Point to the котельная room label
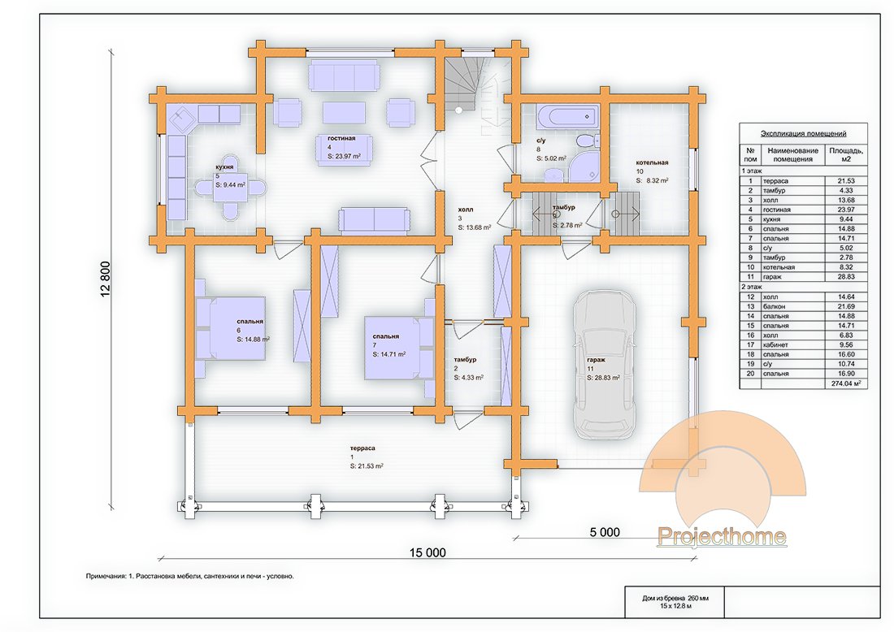click(652, 162)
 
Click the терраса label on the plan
click(362, 448)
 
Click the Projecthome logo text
click(721, 536)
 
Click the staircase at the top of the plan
click(467, 84)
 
